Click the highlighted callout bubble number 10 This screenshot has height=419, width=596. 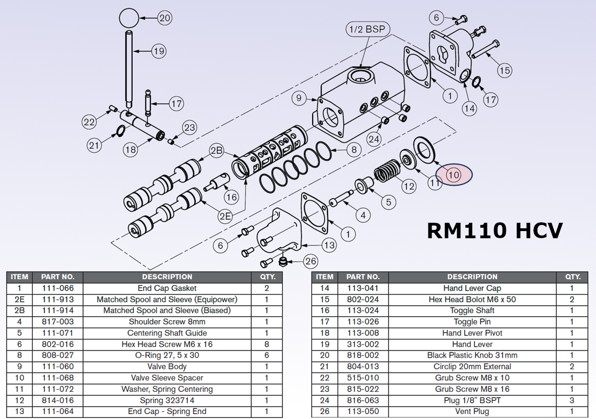454,175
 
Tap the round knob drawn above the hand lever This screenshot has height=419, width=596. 128,18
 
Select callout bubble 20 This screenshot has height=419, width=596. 165,18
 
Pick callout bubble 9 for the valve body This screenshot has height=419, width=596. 299,98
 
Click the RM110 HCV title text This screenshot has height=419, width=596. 495,230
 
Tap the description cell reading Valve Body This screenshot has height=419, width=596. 167,366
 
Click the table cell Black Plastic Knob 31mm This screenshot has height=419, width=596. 472,355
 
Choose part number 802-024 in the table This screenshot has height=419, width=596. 362,299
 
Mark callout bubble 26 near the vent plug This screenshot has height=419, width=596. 311,260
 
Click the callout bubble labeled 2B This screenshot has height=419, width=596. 216,150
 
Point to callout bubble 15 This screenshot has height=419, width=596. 504,70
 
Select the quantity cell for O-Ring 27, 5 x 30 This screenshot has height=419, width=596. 267,355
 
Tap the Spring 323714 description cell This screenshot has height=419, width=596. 167,400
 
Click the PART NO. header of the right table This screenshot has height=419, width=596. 362,276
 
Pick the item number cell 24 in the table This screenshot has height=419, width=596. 324,400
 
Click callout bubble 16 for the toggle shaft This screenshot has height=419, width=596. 231,197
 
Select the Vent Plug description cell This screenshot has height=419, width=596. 472,411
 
